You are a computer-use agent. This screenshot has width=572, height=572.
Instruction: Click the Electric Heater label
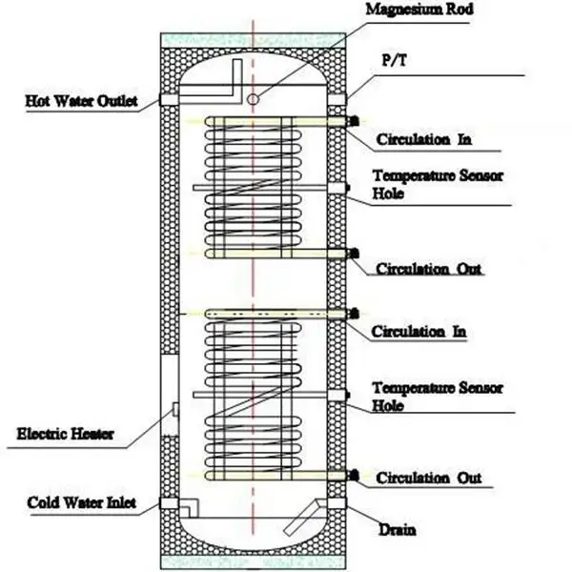[x=66, y=434]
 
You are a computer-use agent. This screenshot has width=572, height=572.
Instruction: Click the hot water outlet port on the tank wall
[x=169, y=99]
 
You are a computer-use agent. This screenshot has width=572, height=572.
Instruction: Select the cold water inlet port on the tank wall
[x=169, y=503]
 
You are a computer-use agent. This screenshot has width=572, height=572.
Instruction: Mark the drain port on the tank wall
[x=337, y=504]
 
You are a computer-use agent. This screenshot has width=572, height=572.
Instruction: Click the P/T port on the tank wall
[x=337, y=99]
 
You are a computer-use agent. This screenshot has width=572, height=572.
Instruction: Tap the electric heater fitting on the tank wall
[x=176, y=409]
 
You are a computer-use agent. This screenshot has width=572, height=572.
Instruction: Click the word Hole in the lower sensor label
[x=388, y=405]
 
